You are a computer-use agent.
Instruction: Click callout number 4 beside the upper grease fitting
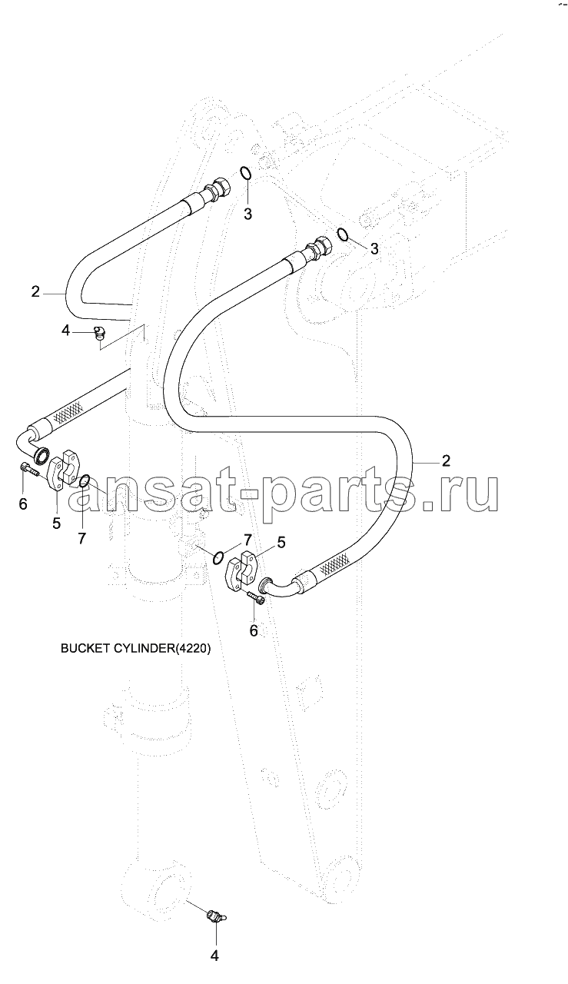(x=65, y=331)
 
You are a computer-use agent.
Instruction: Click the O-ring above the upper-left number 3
(x=245, y=173)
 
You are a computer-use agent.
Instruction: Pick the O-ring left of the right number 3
(x=343, y=234)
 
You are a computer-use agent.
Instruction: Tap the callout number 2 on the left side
(x=35, y=291)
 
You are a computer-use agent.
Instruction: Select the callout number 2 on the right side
(x=446, y=460)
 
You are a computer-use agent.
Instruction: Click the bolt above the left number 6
(x=29, y=470)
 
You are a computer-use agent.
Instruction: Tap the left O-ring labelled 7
(x=85, y=481)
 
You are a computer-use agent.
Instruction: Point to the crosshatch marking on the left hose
(x=67, y=411)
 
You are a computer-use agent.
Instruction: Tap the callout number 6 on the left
(x=23, y=504)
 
